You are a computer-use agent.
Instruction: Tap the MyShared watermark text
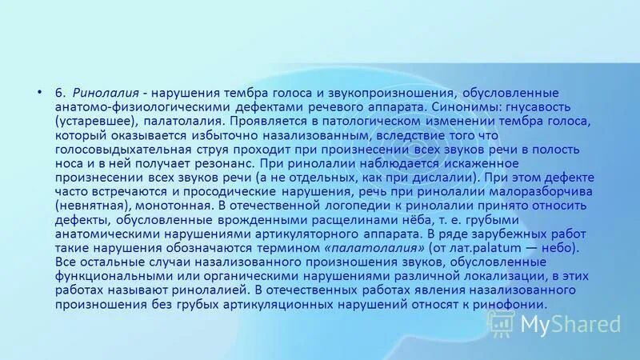pos(570,324)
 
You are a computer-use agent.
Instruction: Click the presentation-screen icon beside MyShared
pos(502,323)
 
